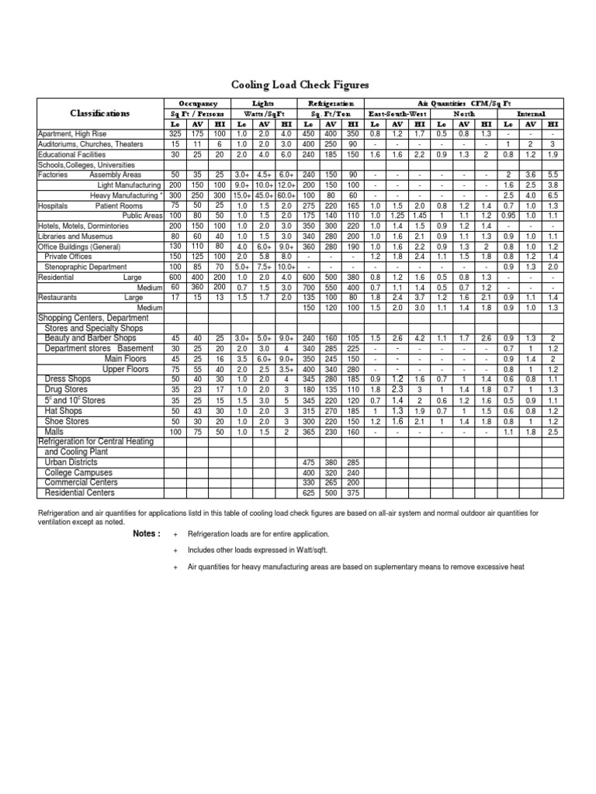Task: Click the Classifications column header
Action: [x=100, y=113]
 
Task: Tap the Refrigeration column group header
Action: [x=331, y=103]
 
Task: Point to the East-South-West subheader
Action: [x=397, y=113]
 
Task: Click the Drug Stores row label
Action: [x=64, y=389]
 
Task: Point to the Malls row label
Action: [x=54, y=430]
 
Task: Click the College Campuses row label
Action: [x=78, y=472]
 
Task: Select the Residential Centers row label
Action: [x=81, y=492]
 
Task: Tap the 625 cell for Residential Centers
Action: [x=309, y=492]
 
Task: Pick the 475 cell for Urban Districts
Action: [x=309, y=462]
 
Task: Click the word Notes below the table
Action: [x=147, y=534]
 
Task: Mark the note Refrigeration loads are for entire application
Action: [x=259, y=534]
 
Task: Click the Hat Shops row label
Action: [x=63, y=410]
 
